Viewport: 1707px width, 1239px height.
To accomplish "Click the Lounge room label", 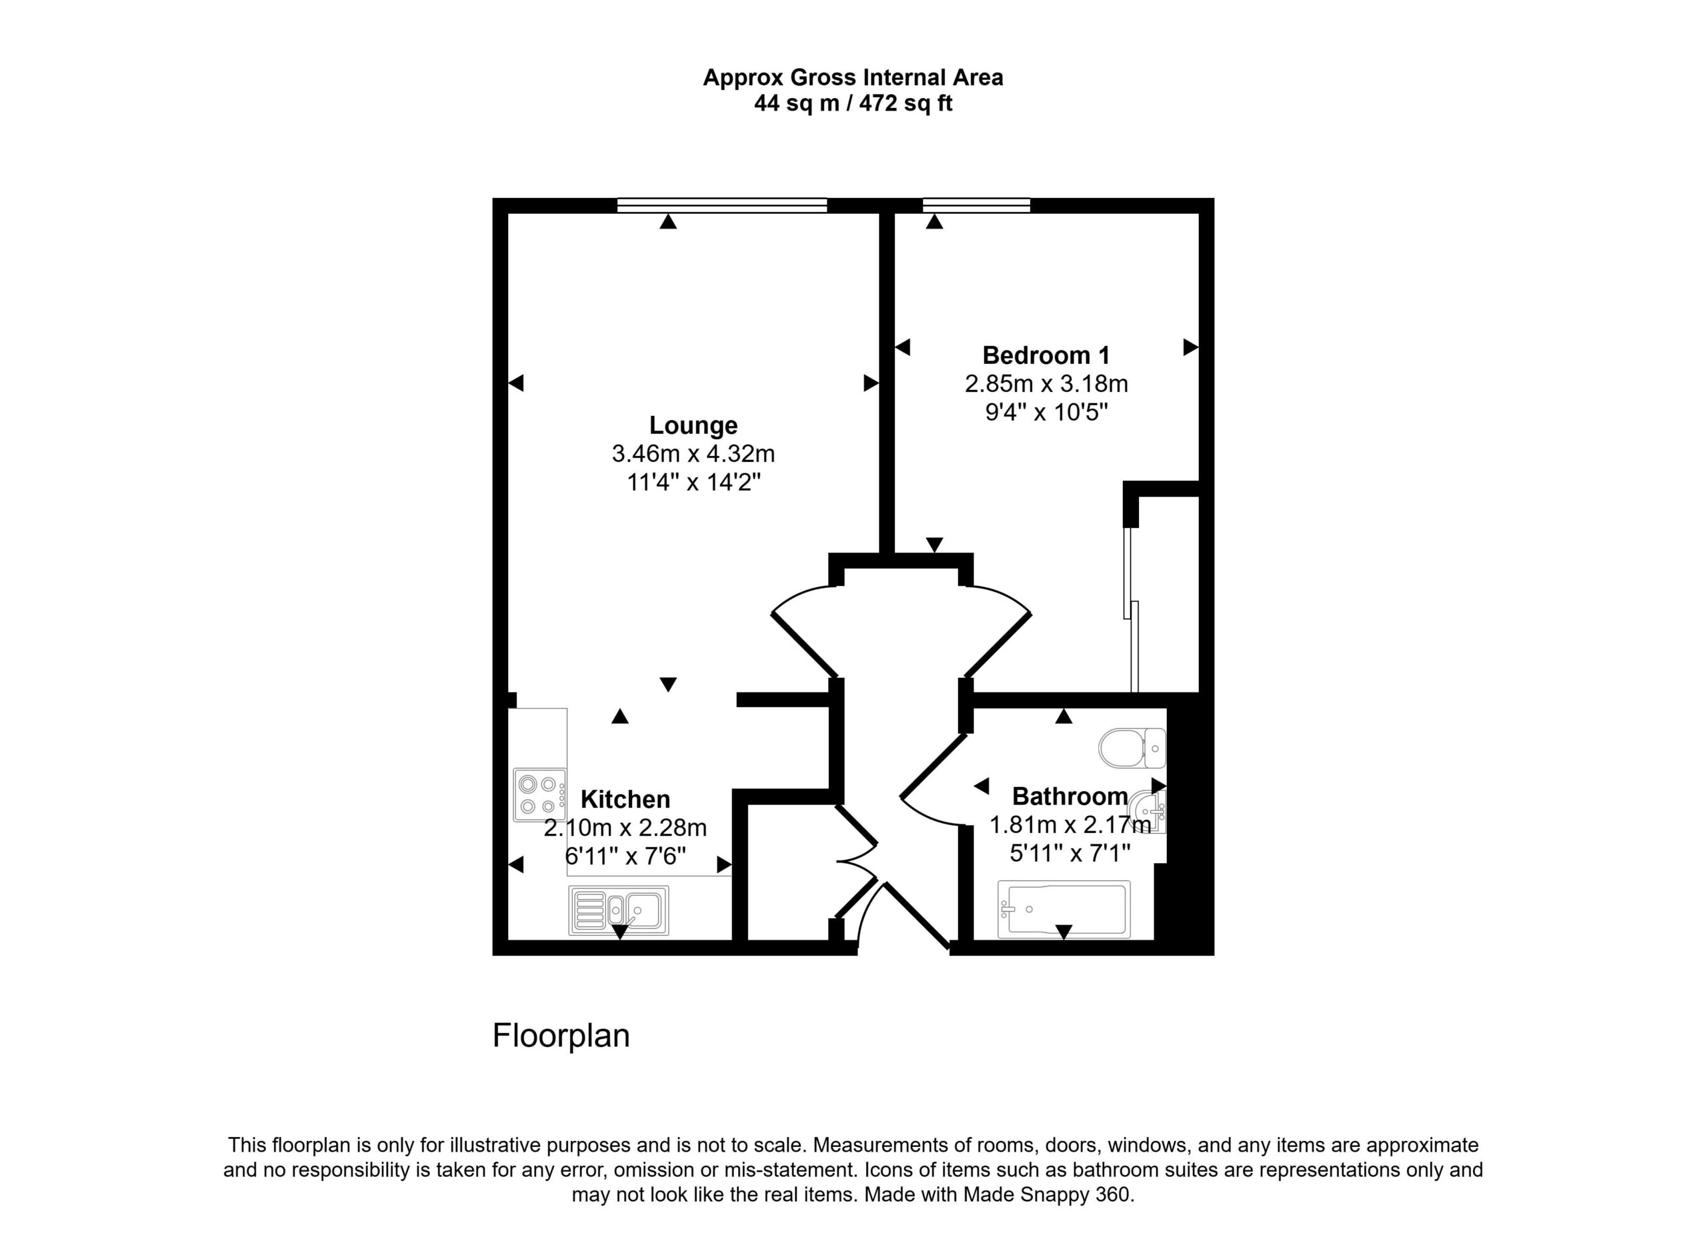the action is tap(693, 426).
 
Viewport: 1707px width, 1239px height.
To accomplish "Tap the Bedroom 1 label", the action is tap(1046, 355).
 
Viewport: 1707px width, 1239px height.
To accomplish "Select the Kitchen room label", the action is tap(625, 799).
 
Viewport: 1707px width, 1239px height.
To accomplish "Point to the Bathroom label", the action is tap(1070, 796).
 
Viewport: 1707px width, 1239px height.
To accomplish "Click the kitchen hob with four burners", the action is tap(539, 795).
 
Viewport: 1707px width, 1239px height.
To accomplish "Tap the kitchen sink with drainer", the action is tap(619, 910).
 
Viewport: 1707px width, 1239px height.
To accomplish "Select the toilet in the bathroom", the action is tap(1132, 748).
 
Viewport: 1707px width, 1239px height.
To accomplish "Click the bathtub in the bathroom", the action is tap(1064, 910).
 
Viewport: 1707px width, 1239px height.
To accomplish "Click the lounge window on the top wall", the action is tap(721, 205).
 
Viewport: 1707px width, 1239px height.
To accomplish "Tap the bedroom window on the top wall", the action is tap(976, 205).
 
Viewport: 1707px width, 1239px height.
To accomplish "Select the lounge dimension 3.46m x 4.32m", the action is tap(693, 455).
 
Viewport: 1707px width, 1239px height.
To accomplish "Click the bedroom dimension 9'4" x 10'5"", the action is tap(1047, 413).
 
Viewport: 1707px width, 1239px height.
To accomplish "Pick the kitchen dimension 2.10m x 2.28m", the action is tap(625, 828).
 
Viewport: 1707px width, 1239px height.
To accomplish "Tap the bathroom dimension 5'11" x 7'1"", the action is tap(1070, 853).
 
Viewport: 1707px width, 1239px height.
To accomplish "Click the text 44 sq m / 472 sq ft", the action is tap(853, 103).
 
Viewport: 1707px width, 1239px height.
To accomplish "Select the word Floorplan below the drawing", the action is tap(561, 1036).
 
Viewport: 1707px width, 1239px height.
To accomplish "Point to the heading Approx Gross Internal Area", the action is tap(853, 77).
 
